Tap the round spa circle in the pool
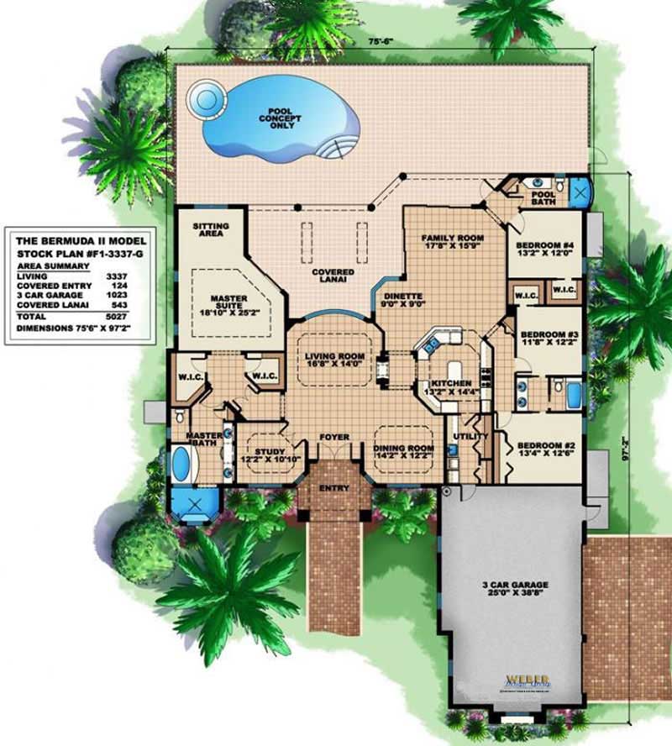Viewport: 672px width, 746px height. pos(202,99)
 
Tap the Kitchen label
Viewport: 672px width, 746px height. pos(452,387)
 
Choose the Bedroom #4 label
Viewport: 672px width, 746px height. pos(544,250)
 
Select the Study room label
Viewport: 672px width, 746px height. pos(265,454)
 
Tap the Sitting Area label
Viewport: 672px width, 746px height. pos(210,231)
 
